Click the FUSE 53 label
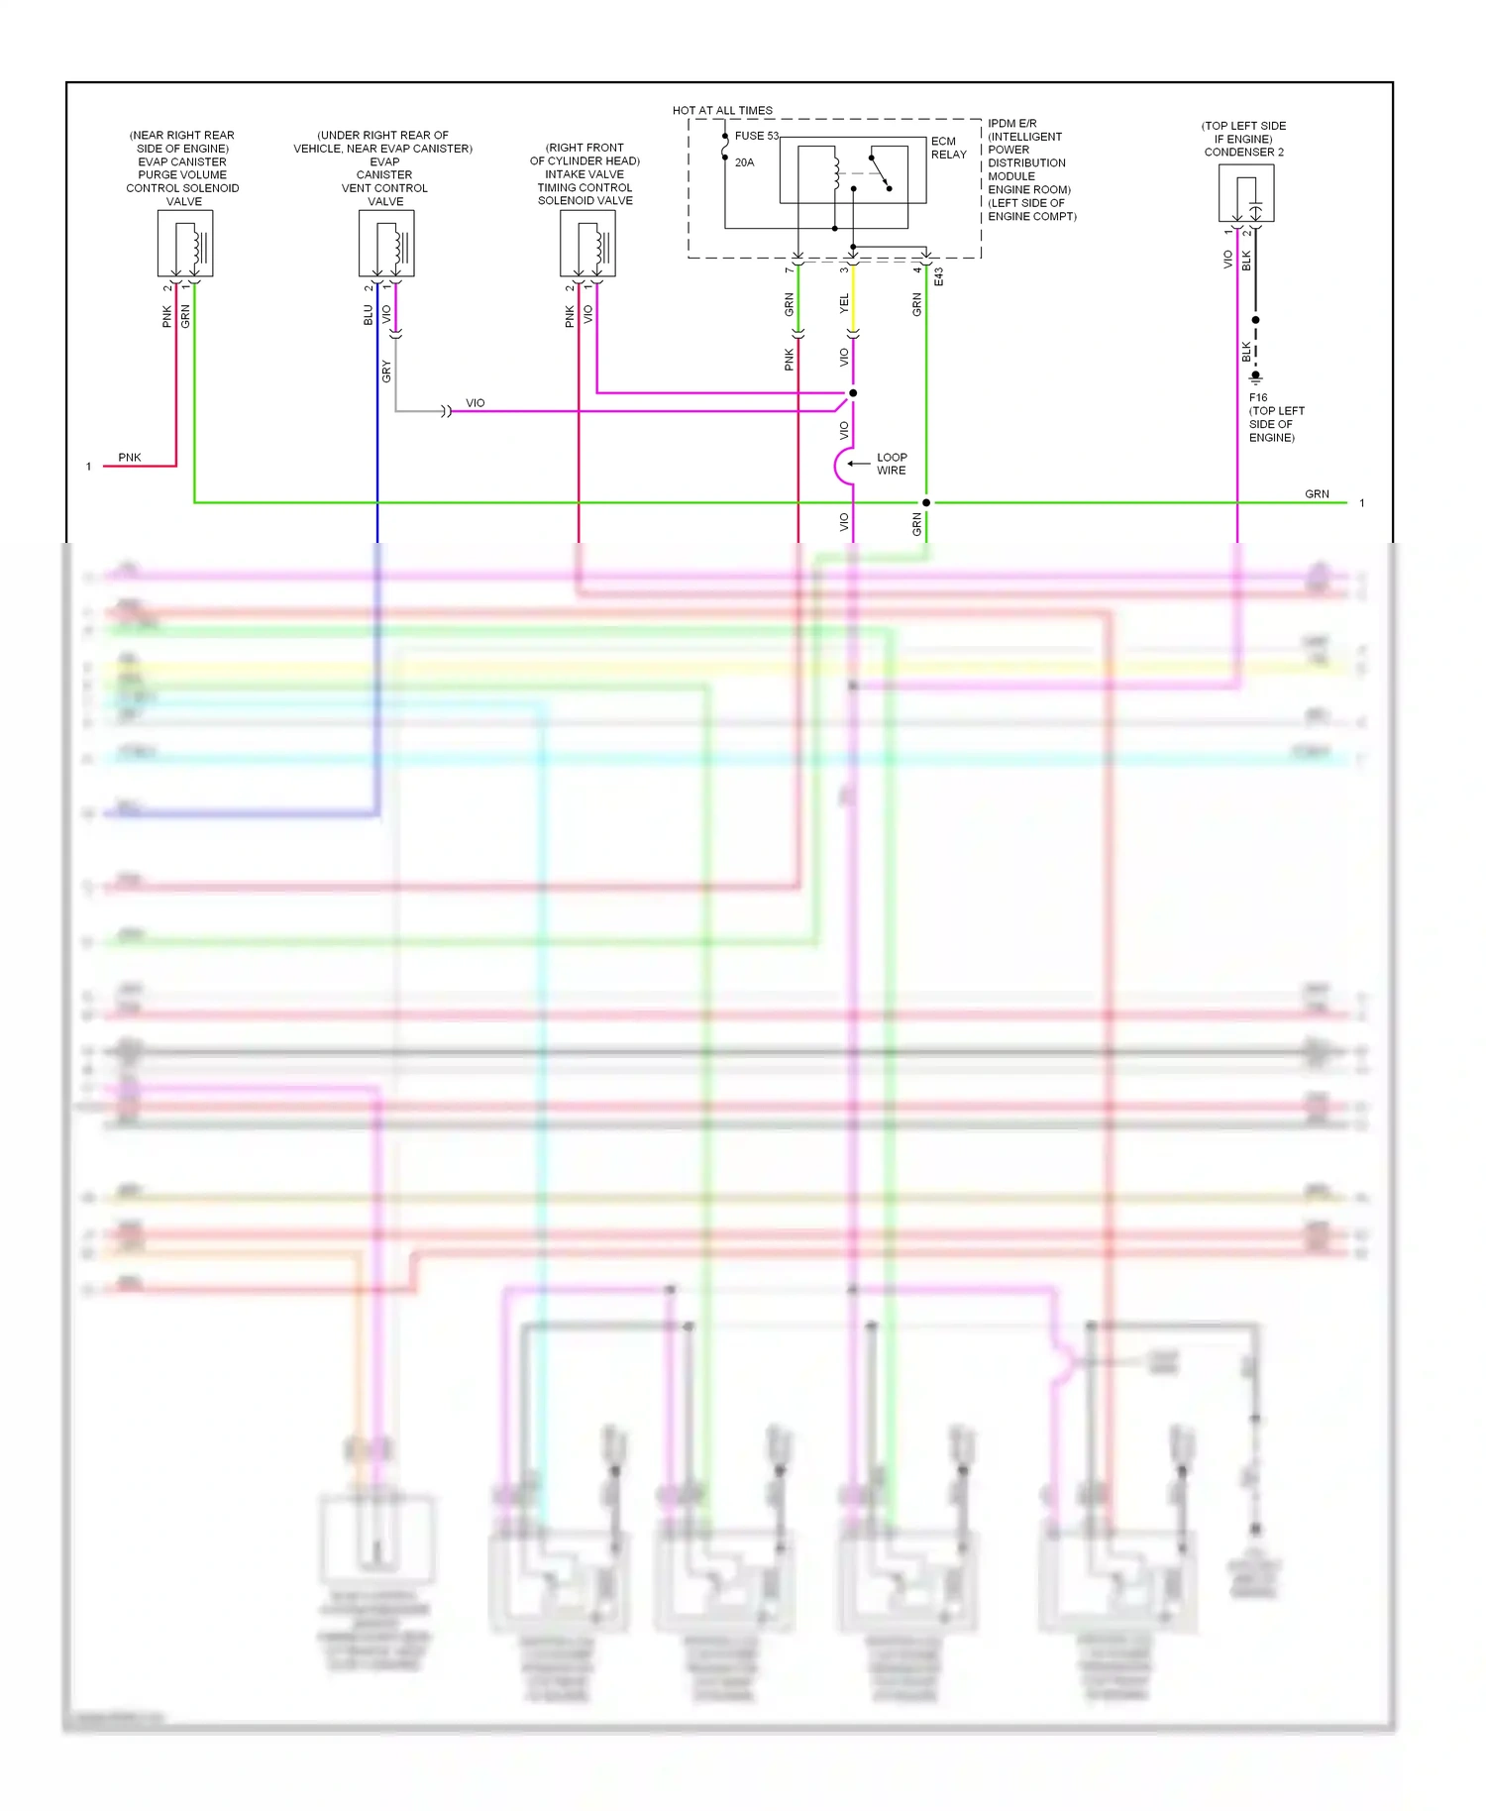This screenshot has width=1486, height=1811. click(756, 136)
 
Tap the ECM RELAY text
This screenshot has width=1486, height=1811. click(948, 148)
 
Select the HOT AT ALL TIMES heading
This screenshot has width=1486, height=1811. click(722, 110)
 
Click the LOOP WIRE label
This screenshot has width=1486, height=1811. click(891, 464)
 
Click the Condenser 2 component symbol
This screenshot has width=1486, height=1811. click(1245, 193)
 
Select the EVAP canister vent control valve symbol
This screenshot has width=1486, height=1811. click(386, 243)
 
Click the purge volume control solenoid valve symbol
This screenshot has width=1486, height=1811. click(185, 243)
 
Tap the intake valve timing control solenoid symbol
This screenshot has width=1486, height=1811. click(587, 243)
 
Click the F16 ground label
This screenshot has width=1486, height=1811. click(1258, 397)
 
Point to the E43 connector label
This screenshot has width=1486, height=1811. click(938, 276)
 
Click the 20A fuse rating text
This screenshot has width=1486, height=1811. click(744, 162)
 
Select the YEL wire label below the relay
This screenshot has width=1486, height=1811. click(844, 303)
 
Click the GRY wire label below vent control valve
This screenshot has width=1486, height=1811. click(386, 372)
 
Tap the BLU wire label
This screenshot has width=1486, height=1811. click(368, 314)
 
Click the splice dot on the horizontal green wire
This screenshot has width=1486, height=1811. click(926, 502)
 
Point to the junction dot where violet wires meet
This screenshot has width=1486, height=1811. click(853, 393)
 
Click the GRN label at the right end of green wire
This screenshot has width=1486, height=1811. click(1317, 493)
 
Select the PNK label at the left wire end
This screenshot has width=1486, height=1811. click(130, 457)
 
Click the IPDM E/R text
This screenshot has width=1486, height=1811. click(1011, 124)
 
